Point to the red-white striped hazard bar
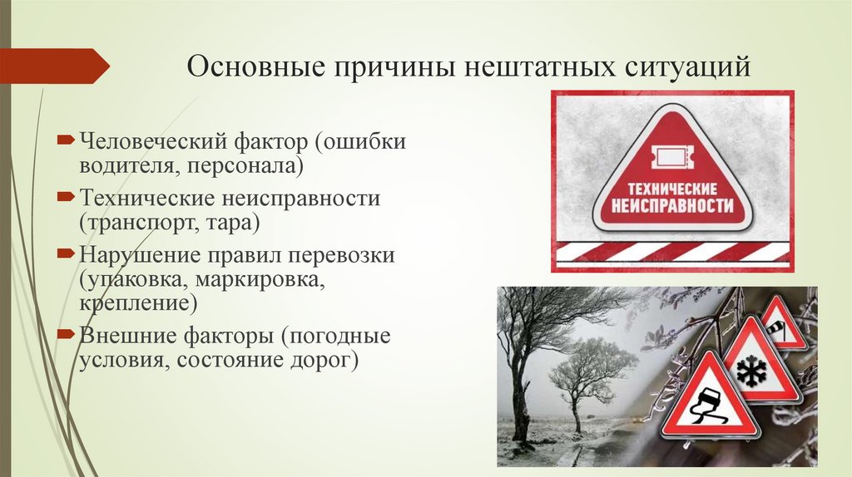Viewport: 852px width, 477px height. pos(672,251)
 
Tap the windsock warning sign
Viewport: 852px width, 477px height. pos(782,325)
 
